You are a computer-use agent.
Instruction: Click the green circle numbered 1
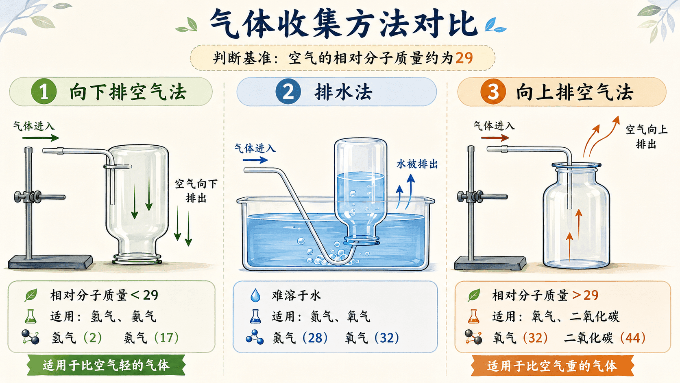pyautogui.click(x=44, y=92)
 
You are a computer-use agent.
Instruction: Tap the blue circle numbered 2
pyautogui.click(x=288, y=92)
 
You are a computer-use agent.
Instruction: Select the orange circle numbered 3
pyautogui.click(x=493, y=92)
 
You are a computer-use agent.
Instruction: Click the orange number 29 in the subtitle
pyautogui.click(x=464, y=58)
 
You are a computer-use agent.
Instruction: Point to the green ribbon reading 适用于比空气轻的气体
pyautogui.click(x=106, y=365)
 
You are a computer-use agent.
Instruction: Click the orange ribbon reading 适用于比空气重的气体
pyautogui.click(x=552, y=365)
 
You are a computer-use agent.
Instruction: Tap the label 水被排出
pyautogui.click(x=417, y=164)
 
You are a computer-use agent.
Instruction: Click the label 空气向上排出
pyautogui.click(x=646, y=137)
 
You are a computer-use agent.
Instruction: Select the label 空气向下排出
pyautogui.click(x=196, y=191)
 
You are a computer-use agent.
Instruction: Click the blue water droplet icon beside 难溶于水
pyautogui.click(x=255, y=295)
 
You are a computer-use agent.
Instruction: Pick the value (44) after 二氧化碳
pyautogui.click(x=633, y=338)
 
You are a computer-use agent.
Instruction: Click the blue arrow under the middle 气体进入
pyautogui.click(x=255, y=160)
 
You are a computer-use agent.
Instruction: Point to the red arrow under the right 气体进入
pyautogui.click(x=495, y=138)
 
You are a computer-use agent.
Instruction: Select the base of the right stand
pyautogui.click(x=490, y=263)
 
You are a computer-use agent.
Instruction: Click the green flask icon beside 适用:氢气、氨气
pyautogui.click(x=31, y=316)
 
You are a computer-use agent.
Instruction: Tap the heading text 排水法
pyautogui.click(x=343, y=92)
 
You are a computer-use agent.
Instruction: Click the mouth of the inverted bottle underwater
pyautogui.click(x=362, y=241)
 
